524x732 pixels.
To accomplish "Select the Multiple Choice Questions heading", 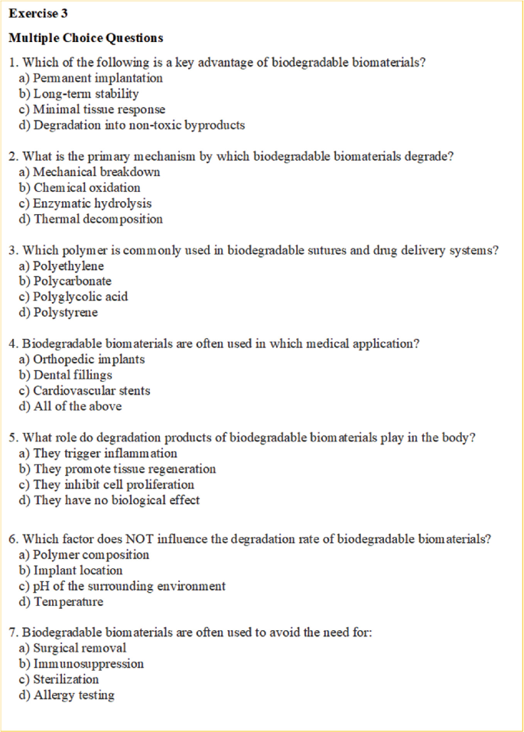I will pos(86,37).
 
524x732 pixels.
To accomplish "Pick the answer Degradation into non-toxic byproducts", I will pos(131,125).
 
